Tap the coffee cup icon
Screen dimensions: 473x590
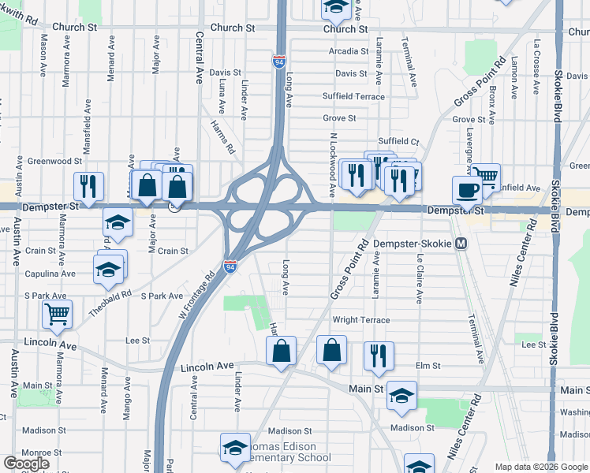point(467,190)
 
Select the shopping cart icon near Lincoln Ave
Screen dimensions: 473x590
point(58,314)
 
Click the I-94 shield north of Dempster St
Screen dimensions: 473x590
point(280,61)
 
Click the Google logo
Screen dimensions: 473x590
point(26,463)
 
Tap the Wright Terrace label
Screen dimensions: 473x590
point(360,320)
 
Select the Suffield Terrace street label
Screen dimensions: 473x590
point(353,97)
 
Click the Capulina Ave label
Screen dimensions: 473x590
point(49,274)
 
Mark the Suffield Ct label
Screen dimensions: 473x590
point(398,141)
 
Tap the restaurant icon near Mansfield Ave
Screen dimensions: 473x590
point(88,186)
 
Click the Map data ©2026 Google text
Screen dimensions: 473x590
point(540,467)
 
